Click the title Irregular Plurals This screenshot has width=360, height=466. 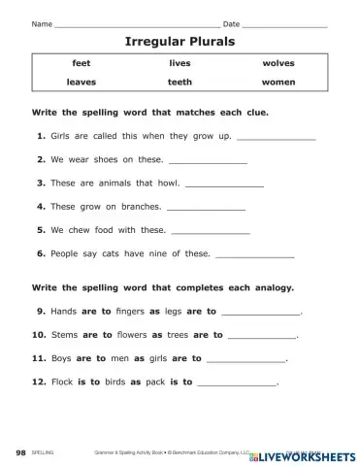click(180, 43)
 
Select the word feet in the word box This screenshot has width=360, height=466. click(81, 63)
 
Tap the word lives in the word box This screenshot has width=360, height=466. click(180, 63)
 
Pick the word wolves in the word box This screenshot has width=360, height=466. click(278, 63)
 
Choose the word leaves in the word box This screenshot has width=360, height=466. click(81, 83)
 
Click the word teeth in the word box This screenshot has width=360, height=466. click(180, 83)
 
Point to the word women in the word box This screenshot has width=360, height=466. click(278, 83)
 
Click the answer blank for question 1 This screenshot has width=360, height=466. click(277, 138)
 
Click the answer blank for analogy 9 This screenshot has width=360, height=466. click(261, 314)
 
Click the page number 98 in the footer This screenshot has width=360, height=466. click(21, 453)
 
